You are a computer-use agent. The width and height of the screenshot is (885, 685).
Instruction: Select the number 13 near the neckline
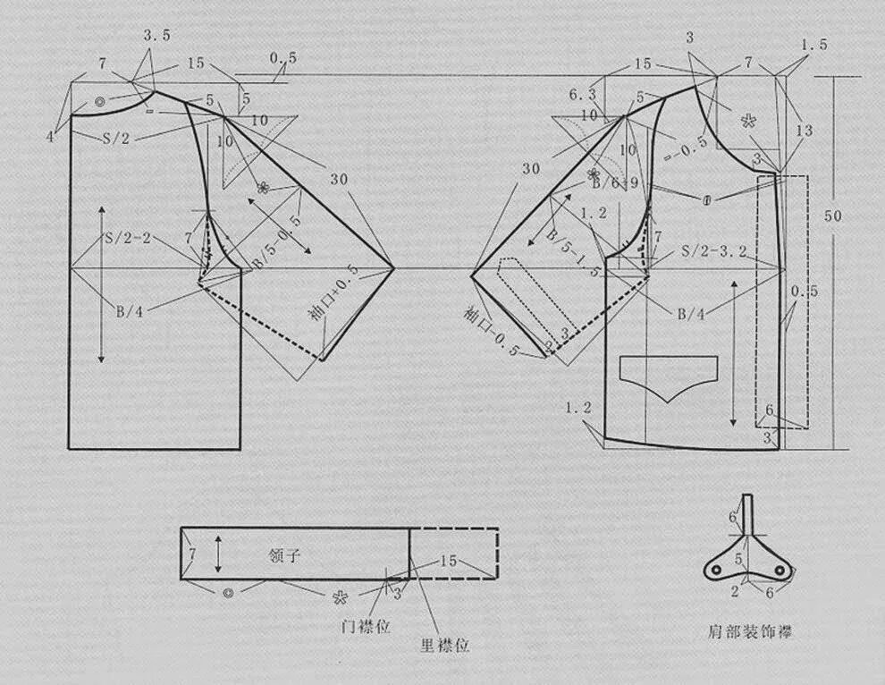pyautogui.click(x=804, y=131)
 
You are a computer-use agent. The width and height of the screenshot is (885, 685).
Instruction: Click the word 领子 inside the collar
pyautogui.click(x=283, y=555)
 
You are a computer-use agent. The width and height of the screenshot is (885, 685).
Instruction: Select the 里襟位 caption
pyautogui.click(x=444, y=644)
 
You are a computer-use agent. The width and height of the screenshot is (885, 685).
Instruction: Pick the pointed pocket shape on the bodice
pyautogui.click(x=669, y=373)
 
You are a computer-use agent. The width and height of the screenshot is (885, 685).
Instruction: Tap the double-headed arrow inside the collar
pyautogui.click(x=218, y=554)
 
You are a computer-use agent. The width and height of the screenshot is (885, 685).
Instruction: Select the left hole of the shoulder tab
pyautogui.click(x=717, y=569)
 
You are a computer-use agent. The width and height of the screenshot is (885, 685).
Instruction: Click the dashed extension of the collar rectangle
pyautogui.click(x=454, y=554)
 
